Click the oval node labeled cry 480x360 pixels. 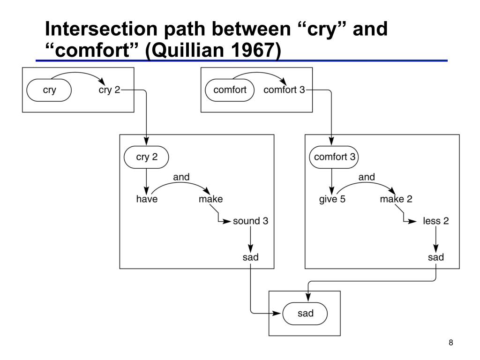pyautogui.click(x=49, y=90)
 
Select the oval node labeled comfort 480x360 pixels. pyautogui.click(x=230, y=90)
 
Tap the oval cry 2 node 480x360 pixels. pyautogui.click(x=146, y=157)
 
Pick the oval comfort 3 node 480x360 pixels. pyautogui.click(x=334, y=157)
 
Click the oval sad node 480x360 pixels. pyautogui.click(x=305, y=314)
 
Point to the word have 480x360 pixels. pyautogui.click(x=147, y=199)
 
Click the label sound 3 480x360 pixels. pyautogui.click(x=250, y=221)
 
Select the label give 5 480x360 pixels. pyautogui.click(x=332, y=199)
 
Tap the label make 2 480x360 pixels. pyautogui.click(x=396, y=199)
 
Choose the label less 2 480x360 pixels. pyautogui.click(x=436, y=221)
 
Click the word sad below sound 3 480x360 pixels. pyautogui.click(x=250, y=257)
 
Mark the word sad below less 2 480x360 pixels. pyautogui.click(x=436, y=257)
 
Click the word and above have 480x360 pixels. pyautogui.click(x=181, y=177)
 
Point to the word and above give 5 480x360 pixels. pyautogui.click(x=367, y=177)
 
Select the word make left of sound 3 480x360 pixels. pyautogui.click(x=210, y=199)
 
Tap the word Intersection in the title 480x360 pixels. pyautogui.click(x=102, y=29)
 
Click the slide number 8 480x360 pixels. pyautogui.click(x=450, y=343)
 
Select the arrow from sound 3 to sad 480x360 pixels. pyautogui.click(x=250, y=239)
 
